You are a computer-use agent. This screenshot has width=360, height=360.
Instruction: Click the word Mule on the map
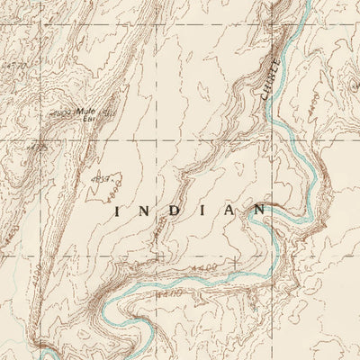[88, 112]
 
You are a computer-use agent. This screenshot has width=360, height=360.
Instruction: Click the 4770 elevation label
[12, 65]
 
